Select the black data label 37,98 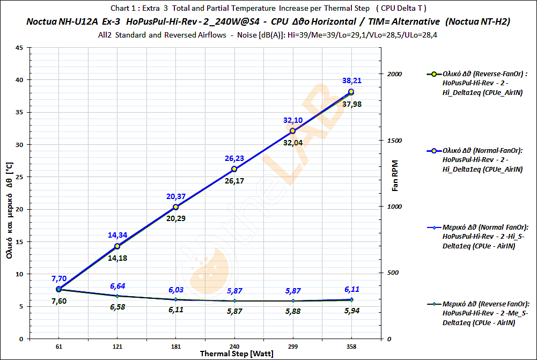pyautogui.click(x=352, y=104)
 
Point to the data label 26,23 pyautogui.click(x=234, y=158)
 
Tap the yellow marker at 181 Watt pyautogui.click(x=175, y=208)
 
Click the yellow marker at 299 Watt pyautogui.click(x=292, y=131)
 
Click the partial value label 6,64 pyautogui.click(x=117, y=285)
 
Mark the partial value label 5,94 pyautogui.click(x=351, y=311)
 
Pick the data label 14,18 pyautogui.click(x=117, y=258)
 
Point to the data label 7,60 pyautogui.click(x=58, y=301)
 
